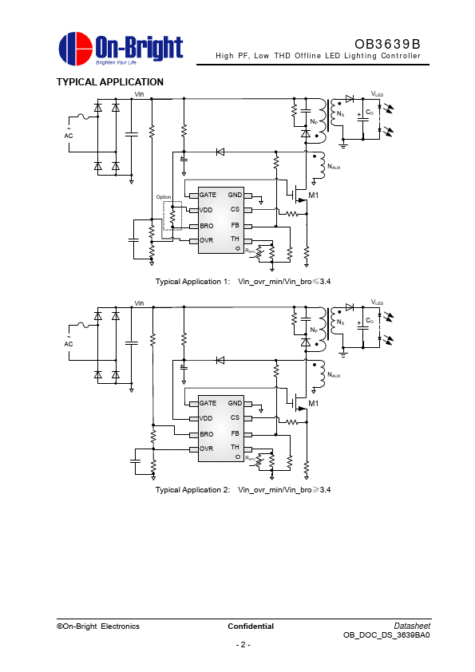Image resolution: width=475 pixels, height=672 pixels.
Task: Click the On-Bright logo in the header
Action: pos(121,49)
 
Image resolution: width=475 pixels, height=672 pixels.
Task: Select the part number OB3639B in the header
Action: pos(387,44)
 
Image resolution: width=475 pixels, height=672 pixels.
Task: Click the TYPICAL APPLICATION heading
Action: pos(109,82)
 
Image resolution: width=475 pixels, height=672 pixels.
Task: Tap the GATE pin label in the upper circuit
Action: pos(208,195)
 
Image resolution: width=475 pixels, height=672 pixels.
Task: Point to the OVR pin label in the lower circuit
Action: pos(206,449)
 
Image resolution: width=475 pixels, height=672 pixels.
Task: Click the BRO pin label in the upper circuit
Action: pos(206,226)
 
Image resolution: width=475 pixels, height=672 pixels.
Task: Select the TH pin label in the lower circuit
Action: pos(235,447)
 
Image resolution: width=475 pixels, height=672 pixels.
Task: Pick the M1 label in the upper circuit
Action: pos(314,196)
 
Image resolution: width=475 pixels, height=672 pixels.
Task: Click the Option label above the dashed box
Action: pos(164,197)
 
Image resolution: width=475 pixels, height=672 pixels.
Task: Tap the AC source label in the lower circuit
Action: pos(69,344)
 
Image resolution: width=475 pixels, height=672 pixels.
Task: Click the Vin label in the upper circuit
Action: pos(140,94)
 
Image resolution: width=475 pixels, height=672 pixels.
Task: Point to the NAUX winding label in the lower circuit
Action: pos(334,375)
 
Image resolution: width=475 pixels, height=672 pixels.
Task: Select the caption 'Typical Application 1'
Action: pos(193,282)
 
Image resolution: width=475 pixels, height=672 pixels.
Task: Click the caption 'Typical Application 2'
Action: pos(193,490)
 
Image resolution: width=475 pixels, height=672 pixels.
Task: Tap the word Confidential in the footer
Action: pos(251,627)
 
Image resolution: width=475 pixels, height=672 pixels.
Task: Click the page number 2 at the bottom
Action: pos(243,645)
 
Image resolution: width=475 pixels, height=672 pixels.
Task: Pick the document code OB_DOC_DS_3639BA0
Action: pos(386,635)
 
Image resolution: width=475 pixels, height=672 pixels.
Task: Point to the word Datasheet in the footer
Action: pos(412,627)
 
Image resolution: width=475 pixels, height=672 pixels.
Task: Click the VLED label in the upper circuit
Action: pos(378,94)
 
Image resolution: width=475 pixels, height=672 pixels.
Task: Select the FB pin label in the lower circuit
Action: pos(235,433)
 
